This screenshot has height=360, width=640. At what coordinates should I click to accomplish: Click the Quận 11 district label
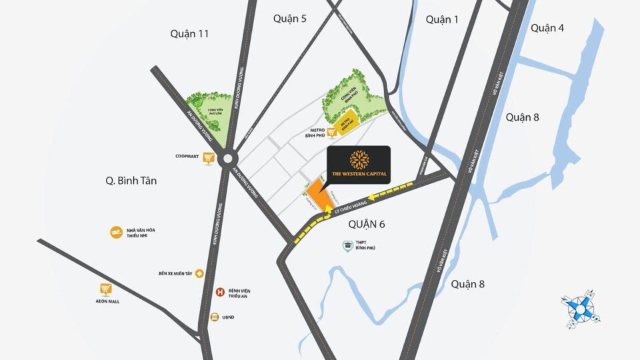189,33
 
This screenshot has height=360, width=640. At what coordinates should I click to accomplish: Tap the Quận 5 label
290,19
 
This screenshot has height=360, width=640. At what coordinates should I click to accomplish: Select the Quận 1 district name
442,19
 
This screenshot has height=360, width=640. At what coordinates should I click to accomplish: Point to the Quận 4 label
548,27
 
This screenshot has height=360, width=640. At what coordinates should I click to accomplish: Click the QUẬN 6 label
367,225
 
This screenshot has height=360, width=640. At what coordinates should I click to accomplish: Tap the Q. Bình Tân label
135,180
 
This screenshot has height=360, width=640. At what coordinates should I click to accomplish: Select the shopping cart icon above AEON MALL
105,289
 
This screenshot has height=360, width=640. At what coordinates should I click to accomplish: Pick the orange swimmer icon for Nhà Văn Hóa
116,232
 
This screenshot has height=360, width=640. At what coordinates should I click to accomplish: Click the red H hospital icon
220,291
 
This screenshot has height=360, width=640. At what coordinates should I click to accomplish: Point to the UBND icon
215,317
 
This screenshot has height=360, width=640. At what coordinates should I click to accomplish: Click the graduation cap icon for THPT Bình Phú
347,247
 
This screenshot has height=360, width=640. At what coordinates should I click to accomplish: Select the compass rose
579,307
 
